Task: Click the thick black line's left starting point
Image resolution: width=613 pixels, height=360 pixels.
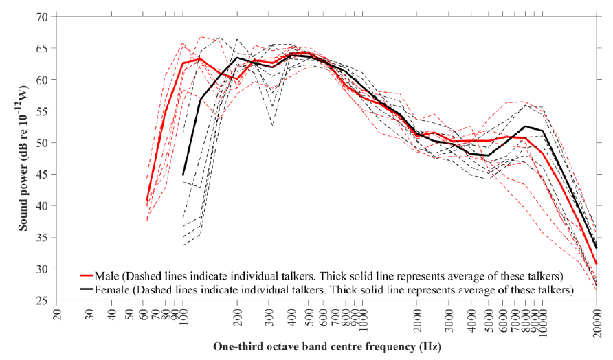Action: (x=183, y=175)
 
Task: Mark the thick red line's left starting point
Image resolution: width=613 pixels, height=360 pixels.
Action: (x=147, y=201)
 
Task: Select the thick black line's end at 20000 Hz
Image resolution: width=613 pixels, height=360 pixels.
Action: (x=596, y=247)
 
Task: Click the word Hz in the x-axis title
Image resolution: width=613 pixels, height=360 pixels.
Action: (x=430, y=346)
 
